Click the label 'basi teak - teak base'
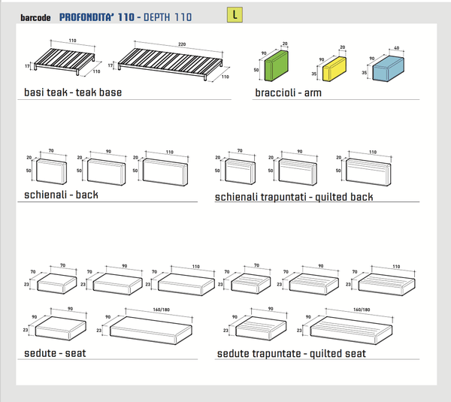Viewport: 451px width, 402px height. [x=72, y=92]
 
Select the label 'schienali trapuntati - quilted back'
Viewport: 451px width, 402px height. [x=294, y=197]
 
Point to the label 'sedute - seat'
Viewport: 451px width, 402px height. [x=53, y=352]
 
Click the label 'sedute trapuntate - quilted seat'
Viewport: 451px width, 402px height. [x=291, y=353]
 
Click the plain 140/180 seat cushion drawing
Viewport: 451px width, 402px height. [x=156, y=328]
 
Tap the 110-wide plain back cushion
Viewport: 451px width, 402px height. [x=165, y=174]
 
